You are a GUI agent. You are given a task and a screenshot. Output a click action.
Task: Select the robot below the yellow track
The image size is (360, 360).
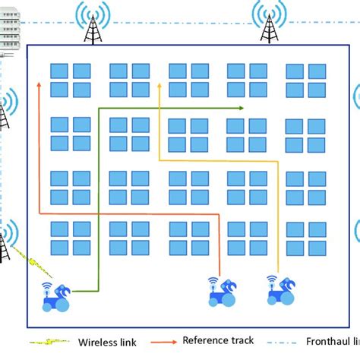click(280, 289)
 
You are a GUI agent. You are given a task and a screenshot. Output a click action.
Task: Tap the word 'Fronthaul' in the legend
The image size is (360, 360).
click(328, 342)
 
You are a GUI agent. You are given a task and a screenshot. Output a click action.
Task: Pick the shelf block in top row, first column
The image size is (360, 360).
click(71, 80)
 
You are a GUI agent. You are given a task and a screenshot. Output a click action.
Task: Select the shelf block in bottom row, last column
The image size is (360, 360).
click(305, 238)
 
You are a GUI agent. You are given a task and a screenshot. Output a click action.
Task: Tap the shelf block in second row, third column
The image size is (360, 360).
click(188, 134)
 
